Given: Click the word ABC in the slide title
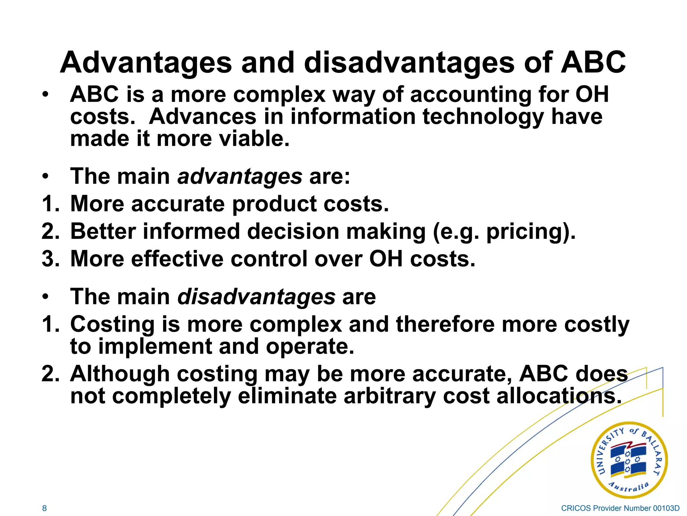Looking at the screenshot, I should (x=593, y=63).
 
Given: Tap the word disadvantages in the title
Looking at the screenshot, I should (x=409, y=63).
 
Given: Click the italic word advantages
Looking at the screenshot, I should (x=240, y=176).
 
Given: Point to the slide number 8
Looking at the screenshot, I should (x=44, y=508).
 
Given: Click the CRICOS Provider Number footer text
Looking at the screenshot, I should (x=620, y=508).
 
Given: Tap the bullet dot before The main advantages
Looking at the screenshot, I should (x=46, y=176).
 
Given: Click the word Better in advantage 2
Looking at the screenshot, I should (x=103, y=231).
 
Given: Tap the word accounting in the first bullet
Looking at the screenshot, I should (x=471, y=94).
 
